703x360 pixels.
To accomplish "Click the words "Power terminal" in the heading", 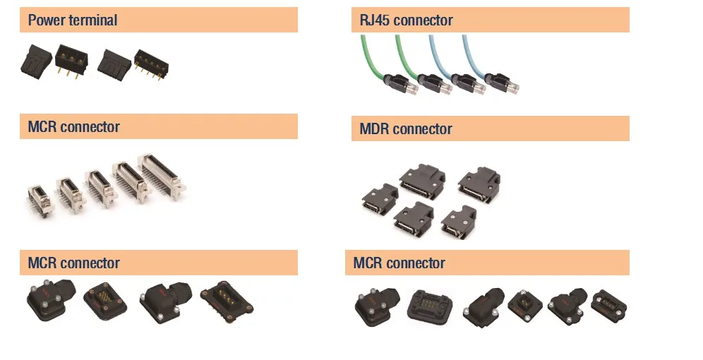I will pos(73,20).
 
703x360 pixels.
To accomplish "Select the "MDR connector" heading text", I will pos(405,129).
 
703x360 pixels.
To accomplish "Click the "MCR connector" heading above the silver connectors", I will pos(73,127).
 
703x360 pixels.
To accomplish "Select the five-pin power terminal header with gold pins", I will pos(150,64).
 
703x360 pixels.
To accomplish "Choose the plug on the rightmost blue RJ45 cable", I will pos(501,84).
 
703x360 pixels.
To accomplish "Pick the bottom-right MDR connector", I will pos(459,224).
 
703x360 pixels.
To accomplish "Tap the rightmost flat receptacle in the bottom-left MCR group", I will pos(226,301).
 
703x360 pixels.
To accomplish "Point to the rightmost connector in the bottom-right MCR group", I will pos(608,304).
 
